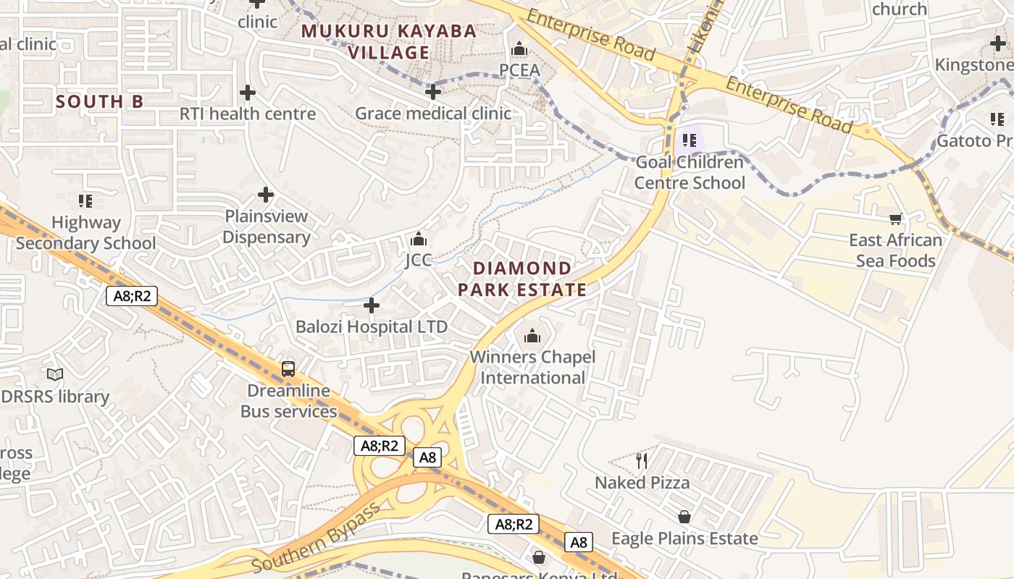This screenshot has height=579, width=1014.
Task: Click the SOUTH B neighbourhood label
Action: coord(100,102)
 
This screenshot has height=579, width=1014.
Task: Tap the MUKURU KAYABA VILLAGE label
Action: coord(389,42)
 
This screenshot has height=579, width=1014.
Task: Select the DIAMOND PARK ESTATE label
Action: coord(522,279)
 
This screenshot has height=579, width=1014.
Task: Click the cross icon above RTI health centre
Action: coord(248,93)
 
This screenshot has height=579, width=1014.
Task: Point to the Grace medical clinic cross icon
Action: coord(433,92)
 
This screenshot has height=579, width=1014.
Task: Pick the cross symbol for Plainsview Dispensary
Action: coord(266,195)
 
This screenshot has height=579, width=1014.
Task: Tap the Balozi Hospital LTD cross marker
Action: coord(372,305)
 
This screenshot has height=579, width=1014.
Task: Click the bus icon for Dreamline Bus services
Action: coord(288,369)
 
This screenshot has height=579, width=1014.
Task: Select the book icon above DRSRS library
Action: coord(55,375)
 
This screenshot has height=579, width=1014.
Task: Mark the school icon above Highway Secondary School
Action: coord(85,200)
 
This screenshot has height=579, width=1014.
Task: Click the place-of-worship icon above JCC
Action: coord(418,239)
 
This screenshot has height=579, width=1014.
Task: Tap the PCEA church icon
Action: coord(519,49)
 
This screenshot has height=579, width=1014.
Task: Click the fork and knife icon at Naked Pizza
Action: coord(641,460)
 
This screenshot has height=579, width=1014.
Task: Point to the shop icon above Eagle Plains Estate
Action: coord(684,517)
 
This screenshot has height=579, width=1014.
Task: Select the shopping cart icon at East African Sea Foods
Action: coord(896,219)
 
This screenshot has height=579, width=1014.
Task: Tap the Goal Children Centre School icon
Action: coord(689,140)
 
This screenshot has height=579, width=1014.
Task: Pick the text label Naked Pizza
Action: coord(642,483)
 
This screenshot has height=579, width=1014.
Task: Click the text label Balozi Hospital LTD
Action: coord(372,327)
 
